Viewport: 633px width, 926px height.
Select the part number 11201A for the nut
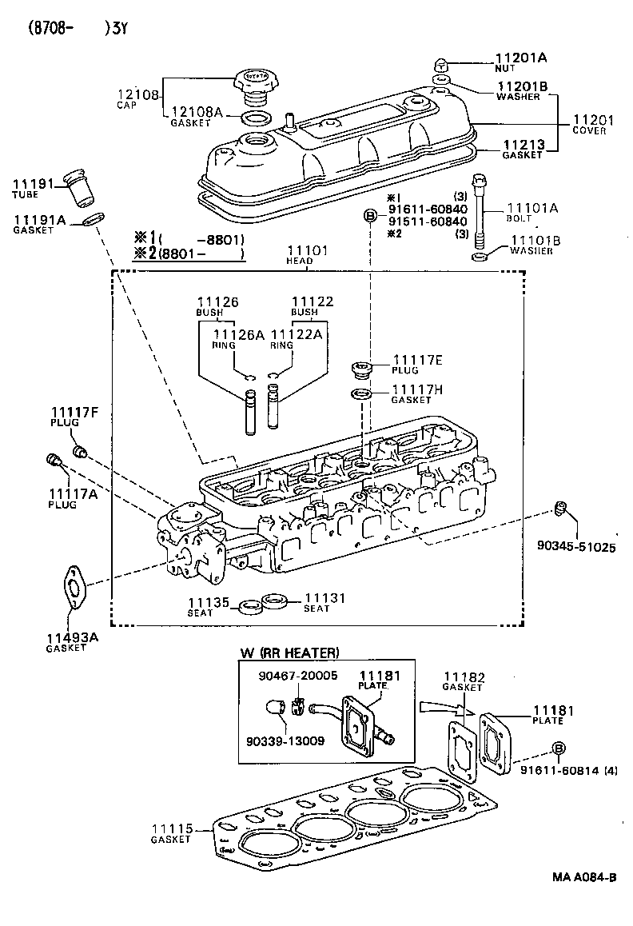coord(520,58)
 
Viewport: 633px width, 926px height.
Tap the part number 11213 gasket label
coord(523,145)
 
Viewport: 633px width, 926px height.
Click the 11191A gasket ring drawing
coord(92,219)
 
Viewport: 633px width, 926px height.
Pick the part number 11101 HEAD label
coord(307,251)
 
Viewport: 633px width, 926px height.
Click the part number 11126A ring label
coord(238,335)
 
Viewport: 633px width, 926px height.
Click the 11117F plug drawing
coord(80,453)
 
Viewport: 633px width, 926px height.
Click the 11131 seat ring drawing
coord(276,601)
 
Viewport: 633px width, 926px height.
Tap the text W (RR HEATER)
coord(289,653)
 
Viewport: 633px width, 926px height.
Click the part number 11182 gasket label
coord(464,677)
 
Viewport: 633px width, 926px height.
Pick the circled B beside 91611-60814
coord(559,747)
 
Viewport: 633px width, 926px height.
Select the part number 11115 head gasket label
coord(171,829)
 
